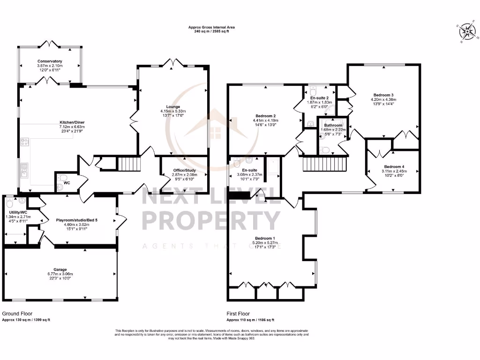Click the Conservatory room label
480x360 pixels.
click(50, 61)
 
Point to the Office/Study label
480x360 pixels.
click(185, 170)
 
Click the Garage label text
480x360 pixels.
click(60, 270)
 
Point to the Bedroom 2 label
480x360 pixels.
click(265, 116)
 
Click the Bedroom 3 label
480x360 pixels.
click(383, 95)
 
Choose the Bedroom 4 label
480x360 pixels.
click(394, 167)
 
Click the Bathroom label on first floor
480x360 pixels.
click(332, 126)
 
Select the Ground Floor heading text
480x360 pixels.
click(17, 314)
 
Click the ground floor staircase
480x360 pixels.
click(128, 164)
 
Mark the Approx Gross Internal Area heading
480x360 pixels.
click(211, 28)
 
